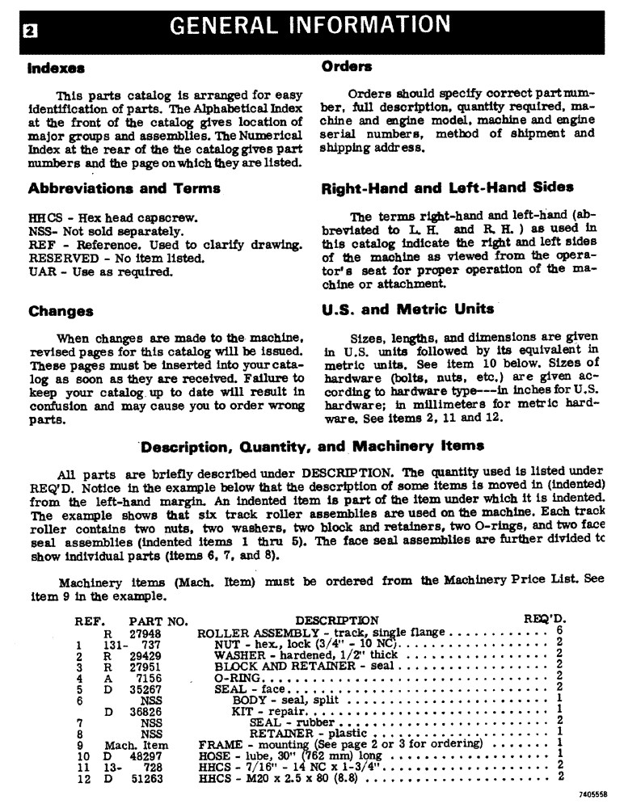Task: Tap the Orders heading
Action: click(x=347, y=66)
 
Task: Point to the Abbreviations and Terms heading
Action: click(x=124, y=188)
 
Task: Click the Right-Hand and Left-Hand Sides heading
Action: click(x=447, y=188)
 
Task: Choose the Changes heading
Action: click(x=61, y=311)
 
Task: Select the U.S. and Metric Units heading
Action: click(x=407, y=309)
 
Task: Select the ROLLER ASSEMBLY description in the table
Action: click(x=255, y=633)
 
